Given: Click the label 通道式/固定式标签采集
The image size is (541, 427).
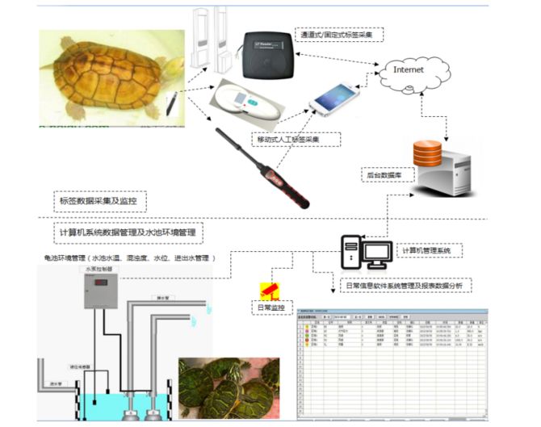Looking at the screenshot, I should pos(340,35).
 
